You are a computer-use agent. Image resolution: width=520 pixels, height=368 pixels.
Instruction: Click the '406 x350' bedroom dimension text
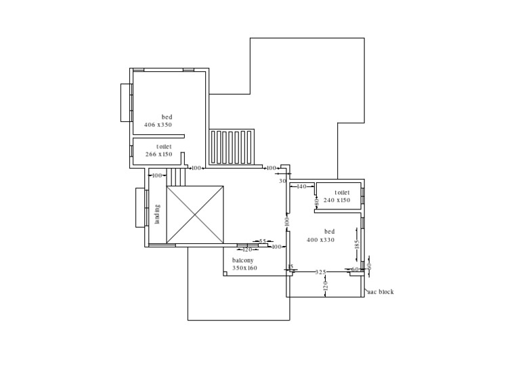tap(158, 125)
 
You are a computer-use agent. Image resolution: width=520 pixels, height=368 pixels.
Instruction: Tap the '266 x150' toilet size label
tap(158, 155)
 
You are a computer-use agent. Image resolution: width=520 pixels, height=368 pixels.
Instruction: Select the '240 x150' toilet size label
tap(337, 201)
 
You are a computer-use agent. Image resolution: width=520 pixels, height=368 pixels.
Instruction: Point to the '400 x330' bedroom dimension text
tap(320, 240)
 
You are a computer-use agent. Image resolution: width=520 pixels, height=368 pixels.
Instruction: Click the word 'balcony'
tap(243, 260)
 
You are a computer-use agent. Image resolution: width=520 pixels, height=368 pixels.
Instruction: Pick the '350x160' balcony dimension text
tap(244, 268)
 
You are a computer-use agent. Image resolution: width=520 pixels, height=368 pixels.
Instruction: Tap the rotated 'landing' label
tap(157, 214)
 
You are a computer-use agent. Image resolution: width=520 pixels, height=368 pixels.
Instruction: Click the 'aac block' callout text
tap(380, 292)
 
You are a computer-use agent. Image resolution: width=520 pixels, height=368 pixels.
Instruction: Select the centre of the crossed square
tap(195, 215)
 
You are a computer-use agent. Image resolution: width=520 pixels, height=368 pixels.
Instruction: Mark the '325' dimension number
tap(321, 272)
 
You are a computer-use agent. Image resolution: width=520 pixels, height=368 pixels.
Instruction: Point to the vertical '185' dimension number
tap(357, 245)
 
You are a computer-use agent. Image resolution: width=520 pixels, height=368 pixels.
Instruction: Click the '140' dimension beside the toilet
tap(301, 186)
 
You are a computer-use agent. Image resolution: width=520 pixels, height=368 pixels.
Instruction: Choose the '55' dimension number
tap(263, 241)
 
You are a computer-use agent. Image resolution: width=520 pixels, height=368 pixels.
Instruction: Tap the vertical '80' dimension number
tap(316, 201)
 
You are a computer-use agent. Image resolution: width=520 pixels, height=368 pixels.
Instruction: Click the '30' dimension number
tap(282, 181)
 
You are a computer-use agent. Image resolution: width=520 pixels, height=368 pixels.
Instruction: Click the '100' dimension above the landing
tap(156, 176)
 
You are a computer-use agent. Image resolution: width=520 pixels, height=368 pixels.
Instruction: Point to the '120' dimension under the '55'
tap(247, 250)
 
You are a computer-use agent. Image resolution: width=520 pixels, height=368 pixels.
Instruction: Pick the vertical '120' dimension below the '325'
tap(326, 287)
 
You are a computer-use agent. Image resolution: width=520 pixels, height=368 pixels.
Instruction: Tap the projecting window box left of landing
tap(140, 207)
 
